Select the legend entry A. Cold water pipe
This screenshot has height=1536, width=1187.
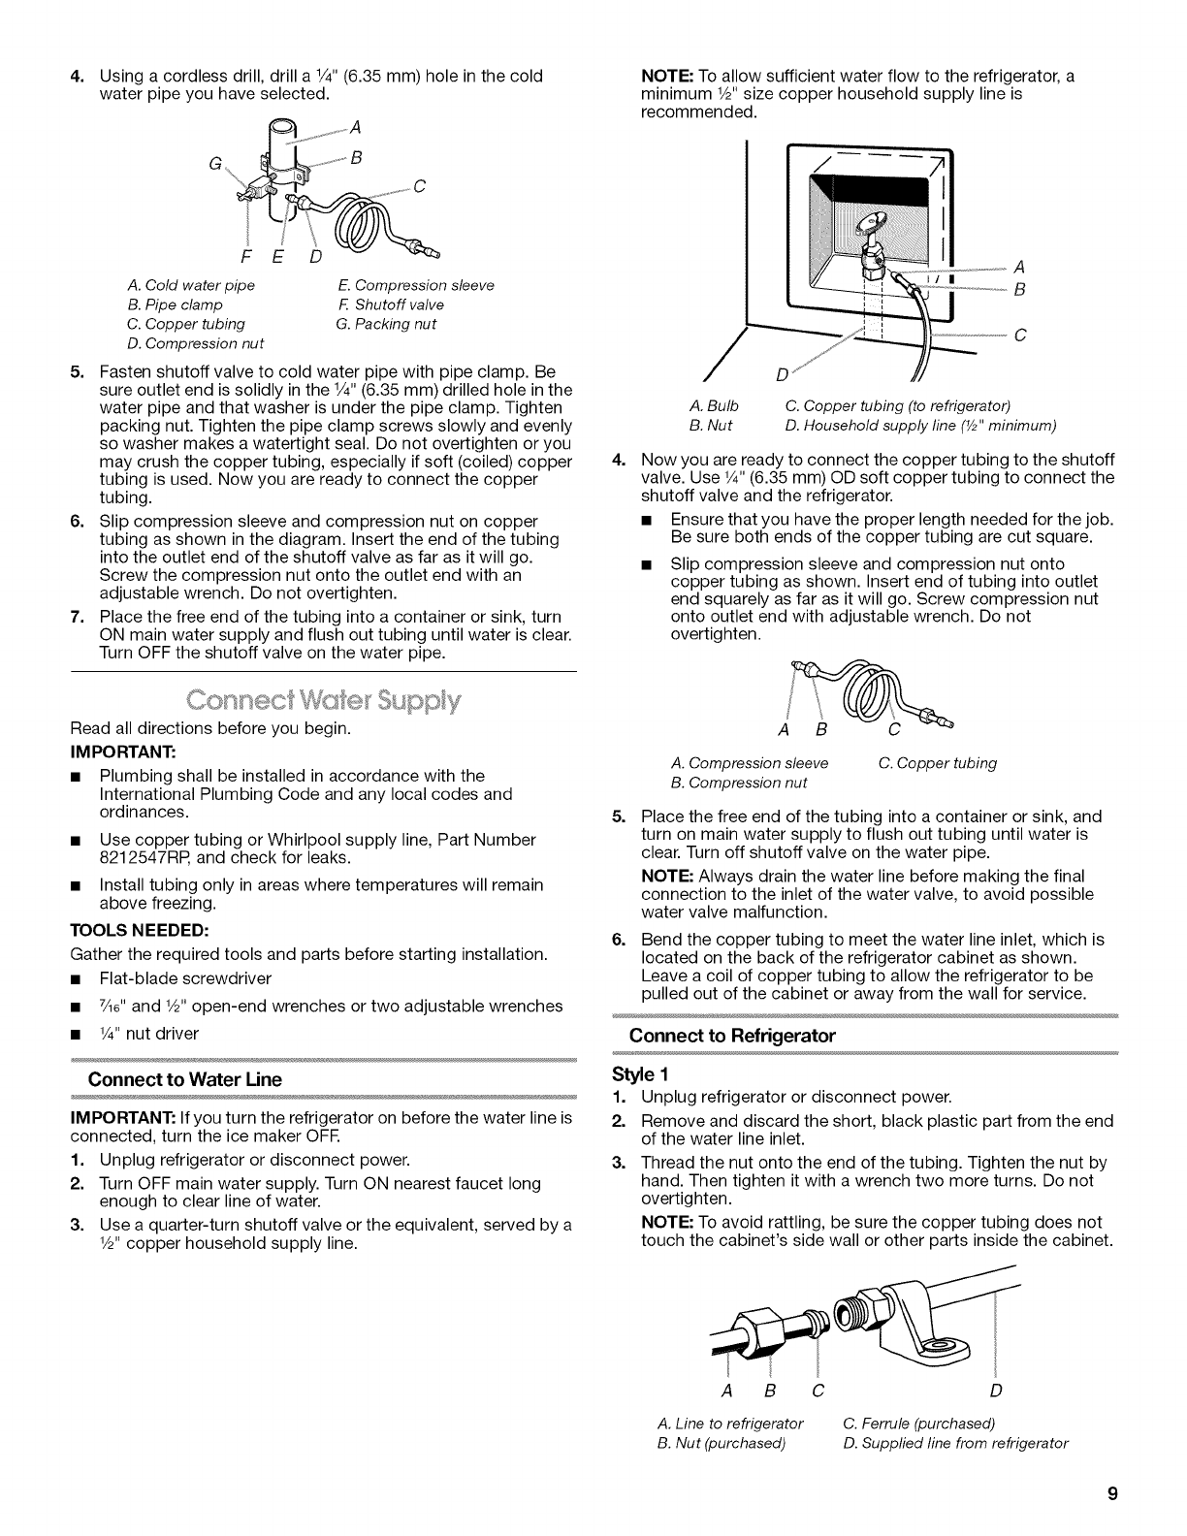click(191, 285)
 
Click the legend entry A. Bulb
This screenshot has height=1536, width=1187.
click(713, 405)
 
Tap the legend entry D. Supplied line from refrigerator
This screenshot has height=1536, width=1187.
click(955, 1442)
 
